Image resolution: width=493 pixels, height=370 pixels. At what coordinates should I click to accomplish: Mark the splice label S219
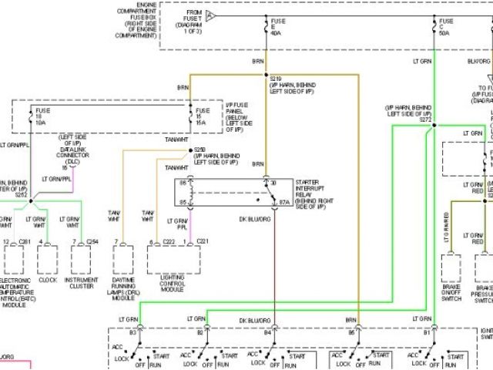275,78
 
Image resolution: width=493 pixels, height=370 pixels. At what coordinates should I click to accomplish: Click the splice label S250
200,150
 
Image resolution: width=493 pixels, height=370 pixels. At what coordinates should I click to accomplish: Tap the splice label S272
426,119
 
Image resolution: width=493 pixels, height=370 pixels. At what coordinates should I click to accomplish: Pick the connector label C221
202,241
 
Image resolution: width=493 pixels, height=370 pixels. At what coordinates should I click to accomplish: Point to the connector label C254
92,241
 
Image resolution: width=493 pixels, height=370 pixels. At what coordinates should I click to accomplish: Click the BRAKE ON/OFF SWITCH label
451,288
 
